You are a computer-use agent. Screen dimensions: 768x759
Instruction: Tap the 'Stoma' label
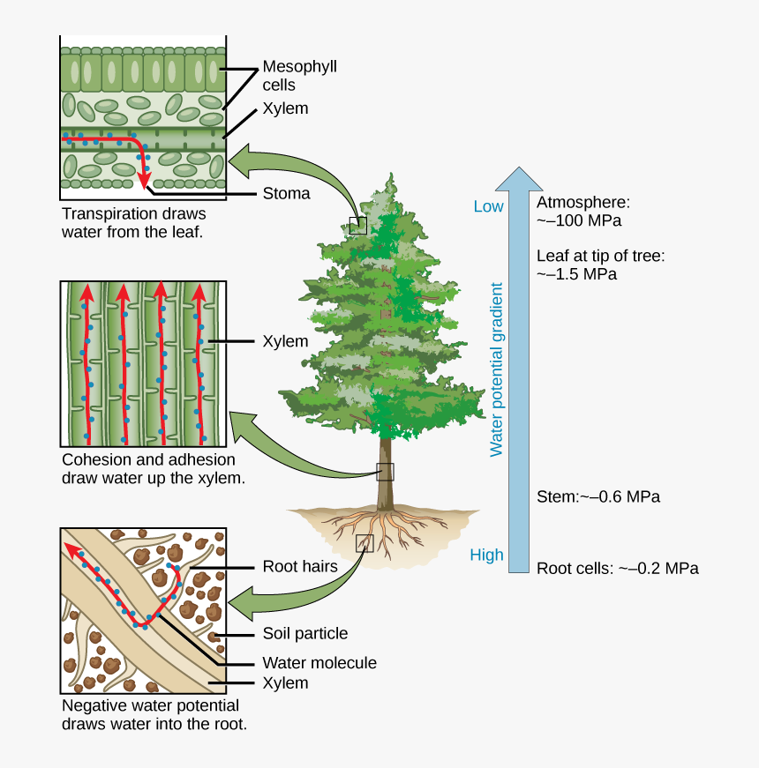point(286,194)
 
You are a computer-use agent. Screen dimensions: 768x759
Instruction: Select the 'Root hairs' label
point(300,567)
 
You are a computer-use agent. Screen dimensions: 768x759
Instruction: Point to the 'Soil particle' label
point(305,633)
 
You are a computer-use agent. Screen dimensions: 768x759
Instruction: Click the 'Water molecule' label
point(319,662)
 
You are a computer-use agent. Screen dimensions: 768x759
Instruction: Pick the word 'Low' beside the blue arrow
point(488,206)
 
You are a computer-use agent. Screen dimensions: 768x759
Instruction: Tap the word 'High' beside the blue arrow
point(486,555)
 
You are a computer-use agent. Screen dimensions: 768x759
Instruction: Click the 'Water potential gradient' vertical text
point(496,369)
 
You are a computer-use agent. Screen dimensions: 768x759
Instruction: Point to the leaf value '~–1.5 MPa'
point(577,274)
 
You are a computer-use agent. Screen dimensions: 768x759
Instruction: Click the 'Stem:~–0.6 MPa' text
point(598,496)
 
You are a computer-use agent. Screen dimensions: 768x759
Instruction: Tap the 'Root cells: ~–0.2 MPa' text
point(618,568)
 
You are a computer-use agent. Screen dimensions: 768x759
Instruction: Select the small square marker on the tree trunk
point(385,472)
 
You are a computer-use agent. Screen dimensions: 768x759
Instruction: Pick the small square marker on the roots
point(364,543)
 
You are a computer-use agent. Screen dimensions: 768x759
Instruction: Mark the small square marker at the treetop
point(357,225)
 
